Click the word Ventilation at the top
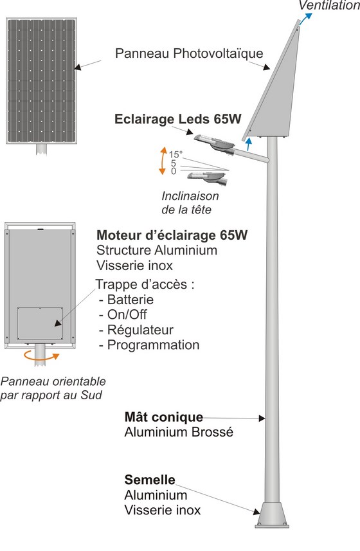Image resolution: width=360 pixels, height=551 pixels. [x=329, y=5]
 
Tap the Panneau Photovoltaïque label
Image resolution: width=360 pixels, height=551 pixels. [x=189, y=53]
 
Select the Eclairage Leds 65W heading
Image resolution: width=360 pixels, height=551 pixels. [x=177, y=119]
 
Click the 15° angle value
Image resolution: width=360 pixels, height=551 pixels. [x=175, y=154]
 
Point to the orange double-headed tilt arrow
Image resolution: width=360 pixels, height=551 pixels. [x=162, y=161]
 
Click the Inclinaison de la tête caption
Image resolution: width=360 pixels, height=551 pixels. [x=190, y=203]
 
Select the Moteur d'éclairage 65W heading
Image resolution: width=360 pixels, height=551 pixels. [x=172, y=235]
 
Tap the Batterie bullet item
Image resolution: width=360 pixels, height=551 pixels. [x=127, y=300]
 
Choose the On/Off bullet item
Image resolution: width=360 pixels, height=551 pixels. [x=123, y=314]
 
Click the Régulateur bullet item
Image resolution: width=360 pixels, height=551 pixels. [x=136, y=330]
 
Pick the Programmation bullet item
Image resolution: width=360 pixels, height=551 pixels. [x=149, y=345]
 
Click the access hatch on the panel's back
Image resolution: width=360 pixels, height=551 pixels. [x=40, y=323]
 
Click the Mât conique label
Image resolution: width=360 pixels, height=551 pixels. [x=164, y=417]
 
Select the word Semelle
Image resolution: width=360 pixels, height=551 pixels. [x=150, y=480]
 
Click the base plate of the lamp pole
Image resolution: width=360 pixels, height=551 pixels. [x=272, y=515]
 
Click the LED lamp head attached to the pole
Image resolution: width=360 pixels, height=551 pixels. [x=215, y=143]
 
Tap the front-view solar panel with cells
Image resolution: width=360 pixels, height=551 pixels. [x=41, y=81]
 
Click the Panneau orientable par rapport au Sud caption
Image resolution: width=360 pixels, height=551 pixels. [x=53, y=388]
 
